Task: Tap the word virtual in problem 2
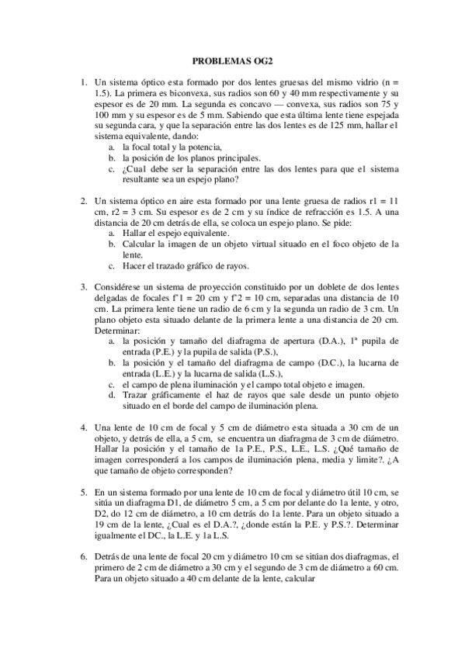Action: pyautogui.click(x=272, y=244)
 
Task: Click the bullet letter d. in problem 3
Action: pyautogui.click(x=113, y=394)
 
